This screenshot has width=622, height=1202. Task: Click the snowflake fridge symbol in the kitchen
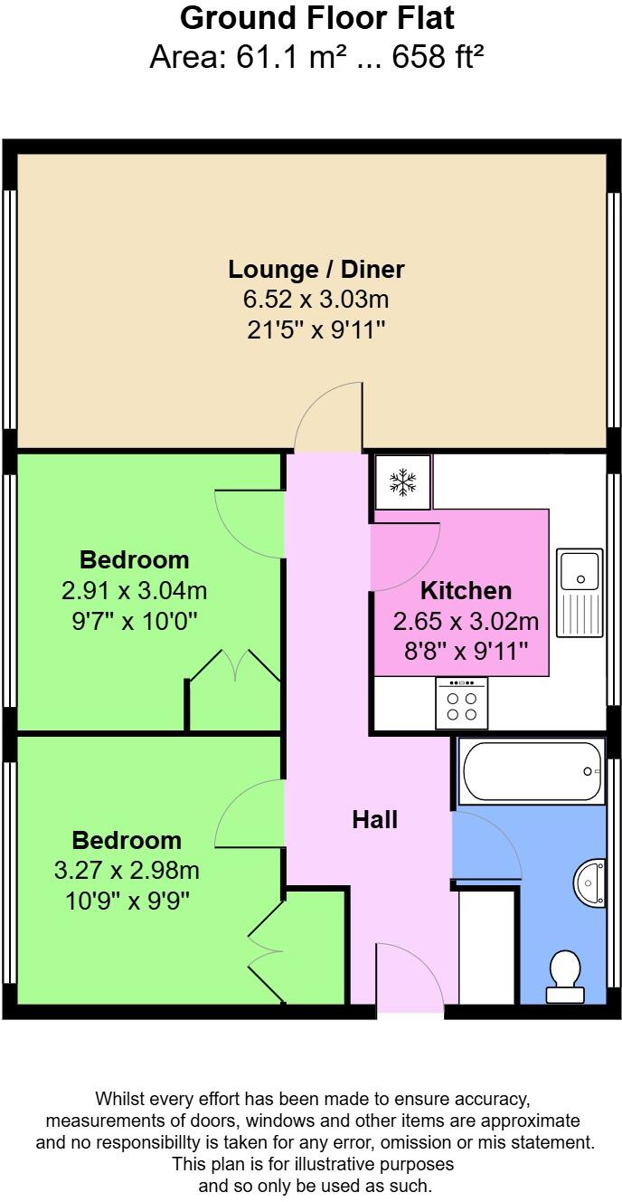click(x=403, y=482)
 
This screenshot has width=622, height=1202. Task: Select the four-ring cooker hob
click(x=461, y=703)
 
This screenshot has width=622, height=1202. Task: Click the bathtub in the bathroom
click(x=532, y=771)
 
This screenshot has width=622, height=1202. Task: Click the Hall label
click(x=374, y=820)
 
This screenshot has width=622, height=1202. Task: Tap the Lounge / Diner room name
click(x=316, y=269)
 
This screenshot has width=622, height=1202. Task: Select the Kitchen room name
click(x=466, y=591)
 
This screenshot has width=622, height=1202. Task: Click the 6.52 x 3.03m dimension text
click(x=316, y=300)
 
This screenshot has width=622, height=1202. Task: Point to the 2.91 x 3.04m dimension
click(x=134, y=591)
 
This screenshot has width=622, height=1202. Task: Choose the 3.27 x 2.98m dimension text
click(x=127, y=871)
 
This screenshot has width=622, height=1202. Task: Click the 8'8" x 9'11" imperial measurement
click(x=466, y=651)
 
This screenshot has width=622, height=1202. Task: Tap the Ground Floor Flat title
click(x=316, y=18)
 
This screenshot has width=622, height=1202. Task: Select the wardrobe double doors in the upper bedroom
click(x=235, y=664)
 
